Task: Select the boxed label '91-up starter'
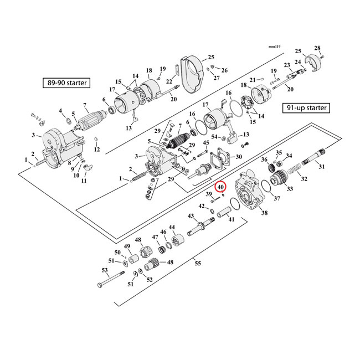point(305,107)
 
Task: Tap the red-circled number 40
point(220,187)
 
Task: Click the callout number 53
point(104,270)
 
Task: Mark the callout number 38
point(264,213)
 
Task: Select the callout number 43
point(190,215)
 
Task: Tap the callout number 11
point(85,181)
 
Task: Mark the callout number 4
point(61,111)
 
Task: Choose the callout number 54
point(214,136)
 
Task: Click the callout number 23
point(287,64)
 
